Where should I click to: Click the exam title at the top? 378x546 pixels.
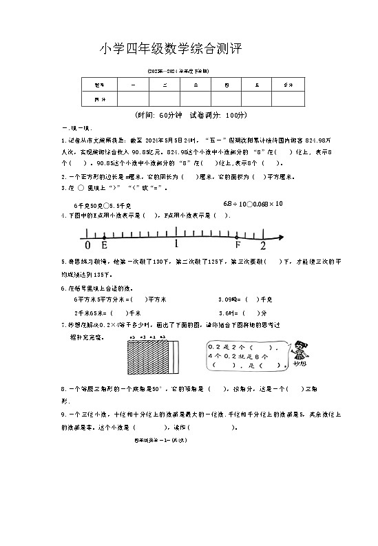tap(171, 49)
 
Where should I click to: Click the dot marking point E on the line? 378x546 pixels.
tap(104, 237)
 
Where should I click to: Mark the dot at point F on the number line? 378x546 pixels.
tap(238, 237)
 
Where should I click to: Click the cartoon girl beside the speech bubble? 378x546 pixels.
tap(298, 351)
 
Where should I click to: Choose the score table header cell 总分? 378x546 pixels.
tap(288, 84)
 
